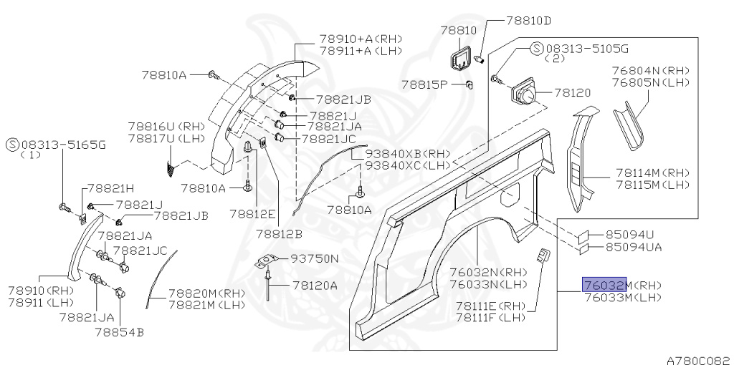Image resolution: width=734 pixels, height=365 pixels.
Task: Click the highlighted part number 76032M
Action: pyautogui.click(x=604, y=285)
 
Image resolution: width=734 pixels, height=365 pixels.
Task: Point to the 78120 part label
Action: pyautogui.click(x=572, y=92)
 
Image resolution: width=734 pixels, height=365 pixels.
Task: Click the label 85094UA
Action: pyautogui.click(x=633, y=247)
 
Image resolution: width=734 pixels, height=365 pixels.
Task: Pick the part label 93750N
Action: pyautogui.click(x=314, y=258)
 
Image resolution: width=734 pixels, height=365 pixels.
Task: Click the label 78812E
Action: pyautogui.click(x=252, y=213)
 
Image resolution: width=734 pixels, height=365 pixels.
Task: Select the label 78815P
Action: pyautogui.click(x=424, y=84)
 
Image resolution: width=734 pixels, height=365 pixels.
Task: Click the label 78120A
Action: pyautogui.click(x=314, y=284)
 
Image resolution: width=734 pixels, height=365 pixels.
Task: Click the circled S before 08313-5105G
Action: pyautogui.click(x=536, y=48)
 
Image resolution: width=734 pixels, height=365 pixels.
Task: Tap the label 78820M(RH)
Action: pyautogui.click(x=206, y=293)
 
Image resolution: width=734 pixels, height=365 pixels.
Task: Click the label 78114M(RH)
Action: pyautogui.click(x=652, y=172)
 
